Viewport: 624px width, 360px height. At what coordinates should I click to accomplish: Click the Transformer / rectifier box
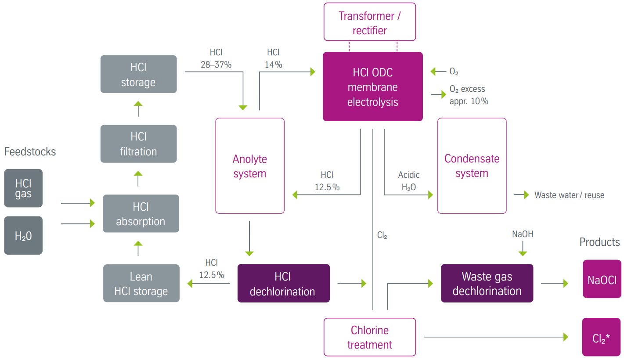369,23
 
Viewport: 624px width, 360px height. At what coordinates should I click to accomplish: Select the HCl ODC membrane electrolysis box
373,87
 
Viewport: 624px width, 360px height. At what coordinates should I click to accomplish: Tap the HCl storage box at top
138,74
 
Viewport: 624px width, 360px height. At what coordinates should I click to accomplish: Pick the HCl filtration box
138,144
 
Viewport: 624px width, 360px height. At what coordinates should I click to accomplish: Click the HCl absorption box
141,214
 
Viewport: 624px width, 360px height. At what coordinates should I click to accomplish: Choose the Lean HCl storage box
141,283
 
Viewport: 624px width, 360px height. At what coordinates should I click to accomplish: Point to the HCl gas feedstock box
23,188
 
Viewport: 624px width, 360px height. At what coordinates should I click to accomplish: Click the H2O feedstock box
23,235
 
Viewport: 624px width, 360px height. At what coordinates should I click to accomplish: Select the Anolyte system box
250,166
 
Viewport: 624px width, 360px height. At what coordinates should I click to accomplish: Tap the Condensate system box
472,166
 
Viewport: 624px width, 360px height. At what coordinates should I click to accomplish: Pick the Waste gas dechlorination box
487,283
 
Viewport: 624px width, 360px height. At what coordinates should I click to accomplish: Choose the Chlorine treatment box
370,337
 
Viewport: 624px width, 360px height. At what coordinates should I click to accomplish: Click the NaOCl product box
602,279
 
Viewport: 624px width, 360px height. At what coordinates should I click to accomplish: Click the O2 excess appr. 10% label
469,95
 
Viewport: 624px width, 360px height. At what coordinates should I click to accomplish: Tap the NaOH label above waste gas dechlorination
523,234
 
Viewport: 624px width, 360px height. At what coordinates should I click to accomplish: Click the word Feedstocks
30,152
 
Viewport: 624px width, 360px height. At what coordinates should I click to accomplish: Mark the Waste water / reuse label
569,195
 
